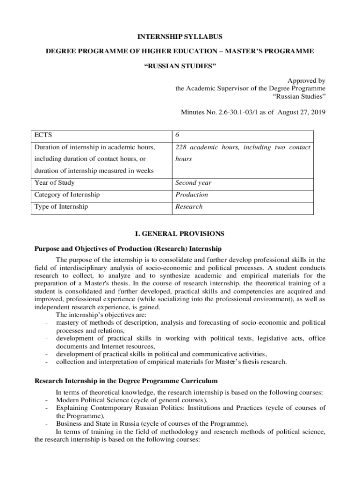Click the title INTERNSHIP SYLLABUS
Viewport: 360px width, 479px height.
180,36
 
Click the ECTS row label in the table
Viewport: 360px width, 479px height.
43,135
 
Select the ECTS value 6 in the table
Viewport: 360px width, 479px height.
177,135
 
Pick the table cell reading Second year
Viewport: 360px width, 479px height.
193,183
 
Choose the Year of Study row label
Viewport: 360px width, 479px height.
55,183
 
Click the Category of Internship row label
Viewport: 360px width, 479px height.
67,195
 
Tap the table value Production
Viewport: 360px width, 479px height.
192,195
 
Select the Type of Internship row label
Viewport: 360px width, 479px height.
61,206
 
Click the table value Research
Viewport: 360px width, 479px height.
189,206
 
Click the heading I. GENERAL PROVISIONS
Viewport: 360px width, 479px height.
180,233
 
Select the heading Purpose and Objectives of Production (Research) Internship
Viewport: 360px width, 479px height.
128,248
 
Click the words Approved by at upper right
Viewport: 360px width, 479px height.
309,80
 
